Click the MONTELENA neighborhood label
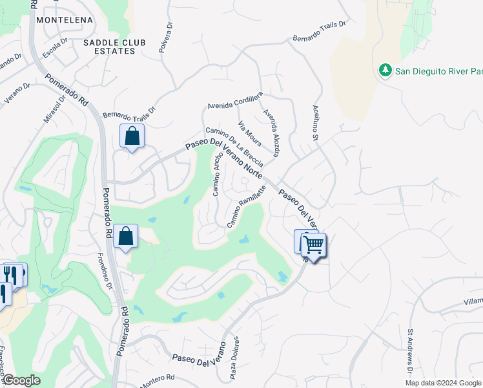click(x=65, y=20)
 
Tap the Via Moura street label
click(x=249, y=133)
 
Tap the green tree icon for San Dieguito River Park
click(x=385, y=69)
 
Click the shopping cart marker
click(x=314, y=246)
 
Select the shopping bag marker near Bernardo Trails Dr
click(x=132, y=136)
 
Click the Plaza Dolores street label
click(x=236, y=352)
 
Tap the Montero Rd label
click(x=157, y=380)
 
